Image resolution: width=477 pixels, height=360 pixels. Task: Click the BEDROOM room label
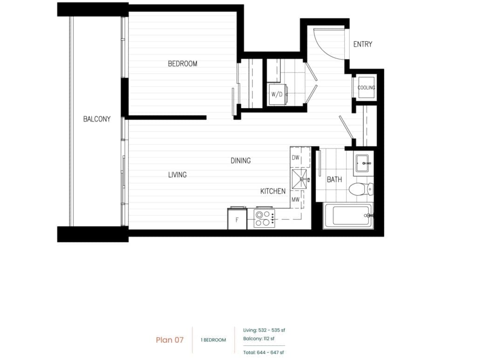pos(183,63)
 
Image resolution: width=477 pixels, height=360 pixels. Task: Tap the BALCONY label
pos(97,119)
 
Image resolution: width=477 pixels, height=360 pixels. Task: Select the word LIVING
pos(177,175)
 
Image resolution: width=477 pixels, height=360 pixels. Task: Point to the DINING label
pos(241,161)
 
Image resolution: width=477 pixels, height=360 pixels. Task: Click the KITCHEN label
pos(273,191)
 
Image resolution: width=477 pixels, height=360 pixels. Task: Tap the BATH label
pos(334,180)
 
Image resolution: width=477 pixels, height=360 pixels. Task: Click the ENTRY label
pos(362,44)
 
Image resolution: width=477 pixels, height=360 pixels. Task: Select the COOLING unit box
pos(366,88)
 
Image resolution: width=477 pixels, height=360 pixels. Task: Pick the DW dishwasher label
pos(296,157)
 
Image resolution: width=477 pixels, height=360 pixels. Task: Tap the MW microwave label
pos(296,200)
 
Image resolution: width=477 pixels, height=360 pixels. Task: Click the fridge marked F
pos(237,218)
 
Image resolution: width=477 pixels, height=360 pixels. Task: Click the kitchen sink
pos(300,179)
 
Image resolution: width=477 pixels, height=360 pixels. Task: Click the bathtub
pos(348,216)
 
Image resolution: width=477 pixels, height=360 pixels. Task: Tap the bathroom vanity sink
pos(363,163)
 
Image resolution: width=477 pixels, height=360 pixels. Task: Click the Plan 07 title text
pos(170,340)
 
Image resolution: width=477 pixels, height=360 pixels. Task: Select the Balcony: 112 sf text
pos(259,339)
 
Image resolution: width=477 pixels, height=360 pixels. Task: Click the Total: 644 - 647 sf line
pos(264,353)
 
